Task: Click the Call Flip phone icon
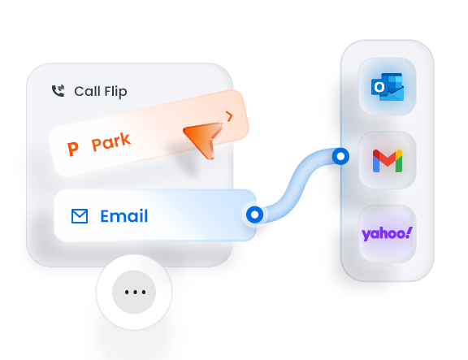pos(58,91)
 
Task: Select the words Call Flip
pos(101,92)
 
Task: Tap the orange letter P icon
pos(73,149)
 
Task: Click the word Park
pos(110,141)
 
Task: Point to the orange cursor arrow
pos(205,138)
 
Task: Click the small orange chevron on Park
pos(229,116)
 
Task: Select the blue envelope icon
pos(80,216)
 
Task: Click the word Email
pos(124,216)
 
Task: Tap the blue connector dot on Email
pos(254,215)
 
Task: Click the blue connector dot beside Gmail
pos(340,156)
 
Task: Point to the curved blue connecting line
pos(297,185)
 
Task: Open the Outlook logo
pos(388,87)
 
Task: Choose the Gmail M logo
pos(388,161)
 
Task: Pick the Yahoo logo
pos(387,234)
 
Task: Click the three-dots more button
pos(134,292)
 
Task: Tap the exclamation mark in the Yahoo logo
pos(409,232)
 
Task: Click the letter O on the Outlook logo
pos(379,87)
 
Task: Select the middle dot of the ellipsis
pos(135,292)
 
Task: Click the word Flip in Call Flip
pos(115,92)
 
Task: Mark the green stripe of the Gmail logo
pos(399,163)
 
